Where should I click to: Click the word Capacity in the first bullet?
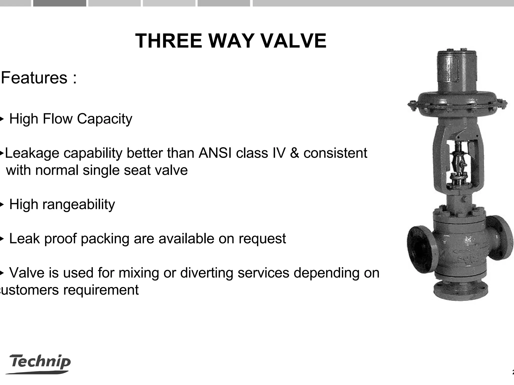pos(104,119)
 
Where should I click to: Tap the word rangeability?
pos(79,205)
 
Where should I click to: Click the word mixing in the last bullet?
pos(139,273)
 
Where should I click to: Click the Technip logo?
pos(40,363)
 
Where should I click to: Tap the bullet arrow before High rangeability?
pos(2,204)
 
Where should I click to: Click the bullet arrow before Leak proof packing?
pos(2,239)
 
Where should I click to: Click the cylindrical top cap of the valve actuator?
pos(456,70)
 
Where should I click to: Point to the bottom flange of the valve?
pos(461,292)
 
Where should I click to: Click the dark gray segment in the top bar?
pos(59,3)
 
